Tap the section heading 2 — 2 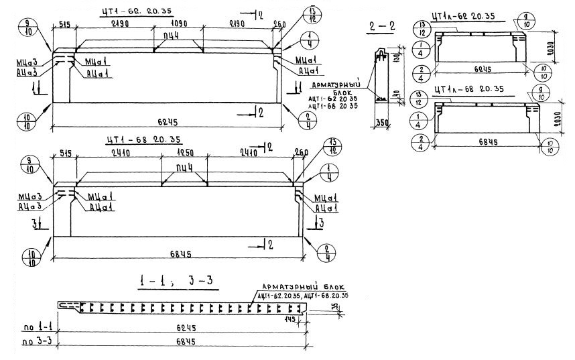click(x=381, y=27)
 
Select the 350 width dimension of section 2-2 click(x=383, y=123)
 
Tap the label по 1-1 click(x=34, y=326)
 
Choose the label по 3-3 click(x=34, y=342)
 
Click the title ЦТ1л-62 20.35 click(x=464, y=15)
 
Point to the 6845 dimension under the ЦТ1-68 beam click(x=181, y=254)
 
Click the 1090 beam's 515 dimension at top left click(x=65, y=23)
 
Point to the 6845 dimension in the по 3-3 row click(x=181, y=342)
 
